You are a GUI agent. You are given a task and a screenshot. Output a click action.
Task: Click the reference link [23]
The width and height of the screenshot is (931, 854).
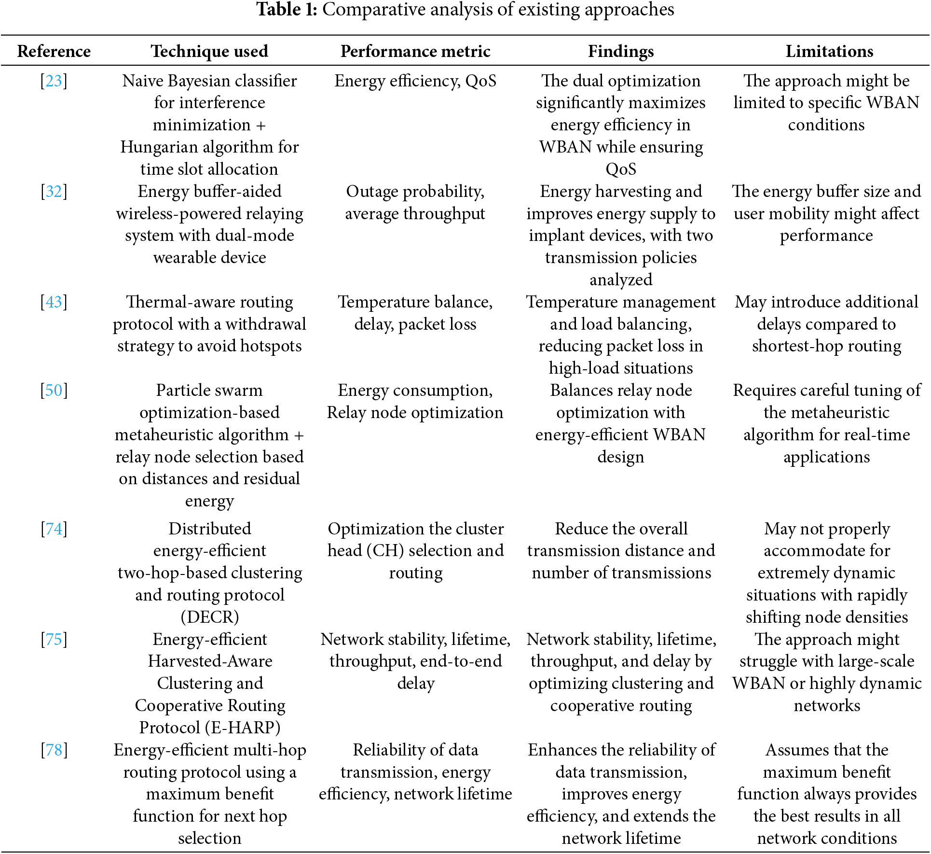point(54,81)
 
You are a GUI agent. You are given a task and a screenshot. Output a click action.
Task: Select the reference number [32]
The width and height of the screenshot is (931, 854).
point(54,192)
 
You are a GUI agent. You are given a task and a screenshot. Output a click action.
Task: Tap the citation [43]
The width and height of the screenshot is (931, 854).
point(54,302)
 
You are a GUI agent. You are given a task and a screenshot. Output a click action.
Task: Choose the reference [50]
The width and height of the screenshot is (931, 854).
point(54,391)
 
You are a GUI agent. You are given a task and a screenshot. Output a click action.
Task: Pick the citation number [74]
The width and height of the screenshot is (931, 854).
point(54,529)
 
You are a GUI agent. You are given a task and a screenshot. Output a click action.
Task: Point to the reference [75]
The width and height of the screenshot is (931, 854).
point(54,640)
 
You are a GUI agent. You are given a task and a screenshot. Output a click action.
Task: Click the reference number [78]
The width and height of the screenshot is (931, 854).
point(54,750)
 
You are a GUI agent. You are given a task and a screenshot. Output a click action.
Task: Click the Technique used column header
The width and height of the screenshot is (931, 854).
point(209,51)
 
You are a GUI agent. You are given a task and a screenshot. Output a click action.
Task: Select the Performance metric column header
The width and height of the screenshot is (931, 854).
point(415,51)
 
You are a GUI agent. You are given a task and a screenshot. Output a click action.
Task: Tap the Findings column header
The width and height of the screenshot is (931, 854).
point(621,51)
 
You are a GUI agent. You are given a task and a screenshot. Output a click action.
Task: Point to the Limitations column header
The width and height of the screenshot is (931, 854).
point(829,51)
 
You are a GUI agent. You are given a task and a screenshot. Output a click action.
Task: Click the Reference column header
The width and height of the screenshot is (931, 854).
point(54,51)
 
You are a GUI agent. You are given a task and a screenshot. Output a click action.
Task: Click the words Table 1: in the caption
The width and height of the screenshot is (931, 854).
point(287,10)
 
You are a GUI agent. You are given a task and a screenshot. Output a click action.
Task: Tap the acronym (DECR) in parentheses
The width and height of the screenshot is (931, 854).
point(210,617)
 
